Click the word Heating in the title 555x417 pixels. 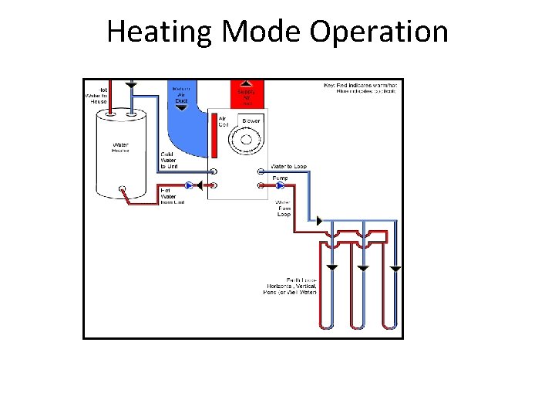[x=160, y=32]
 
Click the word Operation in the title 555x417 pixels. [x=378, y=32]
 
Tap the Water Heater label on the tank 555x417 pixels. [x=121, y=147]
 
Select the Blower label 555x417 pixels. [x=251, y=121]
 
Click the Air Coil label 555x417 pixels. [x=224, y=121]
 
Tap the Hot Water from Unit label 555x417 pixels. [x=171, y=197]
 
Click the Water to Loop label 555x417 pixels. [x=288, y=167]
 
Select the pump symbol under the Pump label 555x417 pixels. [x=281, y=185]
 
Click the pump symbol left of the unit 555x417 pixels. [x=188, y=185]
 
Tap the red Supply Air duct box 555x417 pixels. [x=247, y=93]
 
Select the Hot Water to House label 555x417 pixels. [x=96, y=96]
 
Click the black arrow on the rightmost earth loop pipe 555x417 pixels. [x=395, y=269]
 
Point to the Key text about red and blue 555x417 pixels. [x=360, y=86]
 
